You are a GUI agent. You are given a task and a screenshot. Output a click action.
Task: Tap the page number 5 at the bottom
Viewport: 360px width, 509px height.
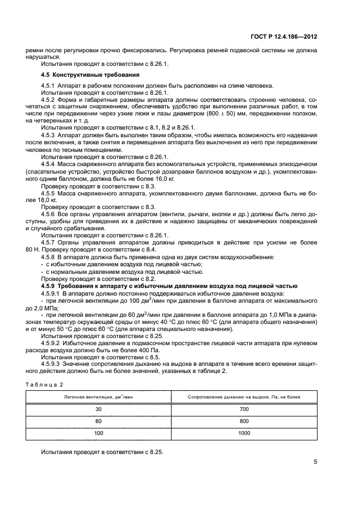coord(315,463)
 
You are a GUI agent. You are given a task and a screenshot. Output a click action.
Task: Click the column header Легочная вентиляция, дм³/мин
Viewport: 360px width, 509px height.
coord(99,397)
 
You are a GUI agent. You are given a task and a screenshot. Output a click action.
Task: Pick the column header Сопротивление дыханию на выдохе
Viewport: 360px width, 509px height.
coord(244,397)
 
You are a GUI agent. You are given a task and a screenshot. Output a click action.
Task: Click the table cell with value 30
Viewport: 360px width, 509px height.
coord(99,408)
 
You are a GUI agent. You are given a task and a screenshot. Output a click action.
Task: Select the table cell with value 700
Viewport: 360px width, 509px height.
coord(244,408)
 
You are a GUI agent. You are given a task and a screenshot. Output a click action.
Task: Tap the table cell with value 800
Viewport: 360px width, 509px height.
coord(244,421)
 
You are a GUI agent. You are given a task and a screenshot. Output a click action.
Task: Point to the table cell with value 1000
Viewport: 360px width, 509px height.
coord(244,433)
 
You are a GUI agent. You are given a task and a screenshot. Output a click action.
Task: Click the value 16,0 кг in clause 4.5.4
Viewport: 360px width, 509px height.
coord(162,178)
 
